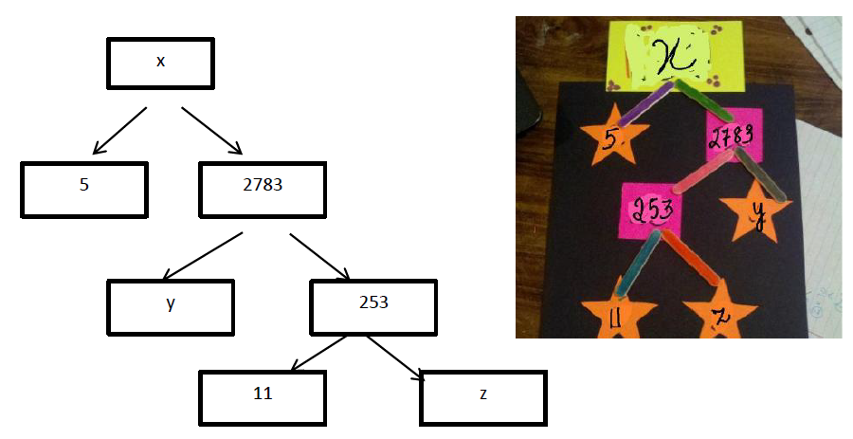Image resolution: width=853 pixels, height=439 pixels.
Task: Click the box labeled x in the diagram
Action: tap(160, 62)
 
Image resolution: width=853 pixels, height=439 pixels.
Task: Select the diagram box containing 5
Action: tap(84, 187)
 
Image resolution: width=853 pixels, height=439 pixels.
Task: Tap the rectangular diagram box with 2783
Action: tap(263, 187)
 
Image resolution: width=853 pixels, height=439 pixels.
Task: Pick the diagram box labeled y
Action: tap(170, 305)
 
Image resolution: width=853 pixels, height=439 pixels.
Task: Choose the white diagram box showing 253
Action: tap(373, 304)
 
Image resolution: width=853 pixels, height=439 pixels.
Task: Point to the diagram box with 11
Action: tap(263, 394)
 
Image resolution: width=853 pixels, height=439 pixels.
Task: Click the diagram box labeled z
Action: tap(482, 395)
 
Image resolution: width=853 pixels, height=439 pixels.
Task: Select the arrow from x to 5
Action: tap(118, 131)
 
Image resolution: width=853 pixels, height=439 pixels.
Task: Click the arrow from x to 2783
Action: tap(212, 131)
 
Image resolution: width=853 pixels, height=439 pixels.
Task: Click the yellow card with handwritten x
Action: tap(676, 55)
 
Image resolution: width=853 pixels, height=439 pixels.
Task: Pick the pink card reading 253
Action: tap(651, 210)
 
